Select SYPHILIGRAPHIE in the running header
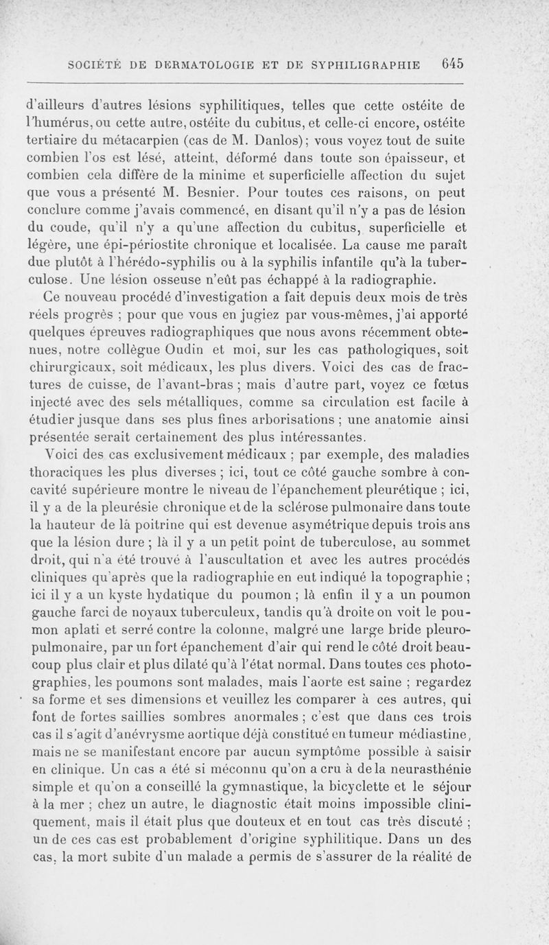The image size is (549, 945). (x=369, y=64)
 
